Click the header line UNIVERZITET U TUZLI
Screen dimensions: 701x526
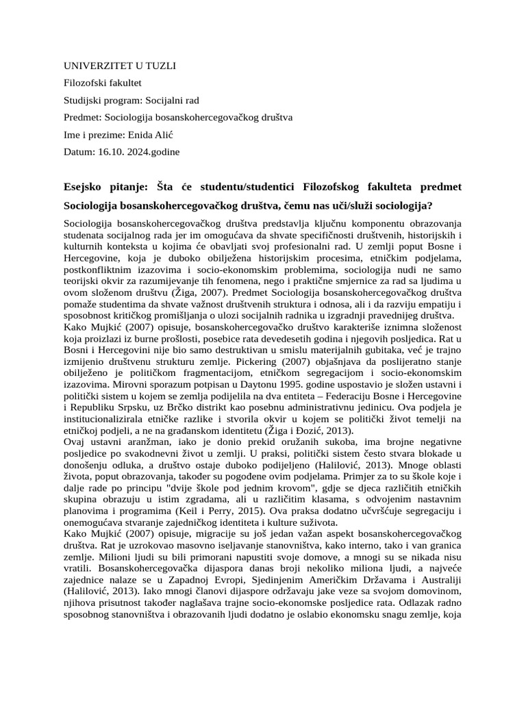(x=120, y=66)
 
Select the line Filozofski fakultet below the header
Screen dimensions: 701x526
(x=102, y=83)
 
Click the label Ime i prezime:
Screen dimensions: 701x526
(x=95, y=135)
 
